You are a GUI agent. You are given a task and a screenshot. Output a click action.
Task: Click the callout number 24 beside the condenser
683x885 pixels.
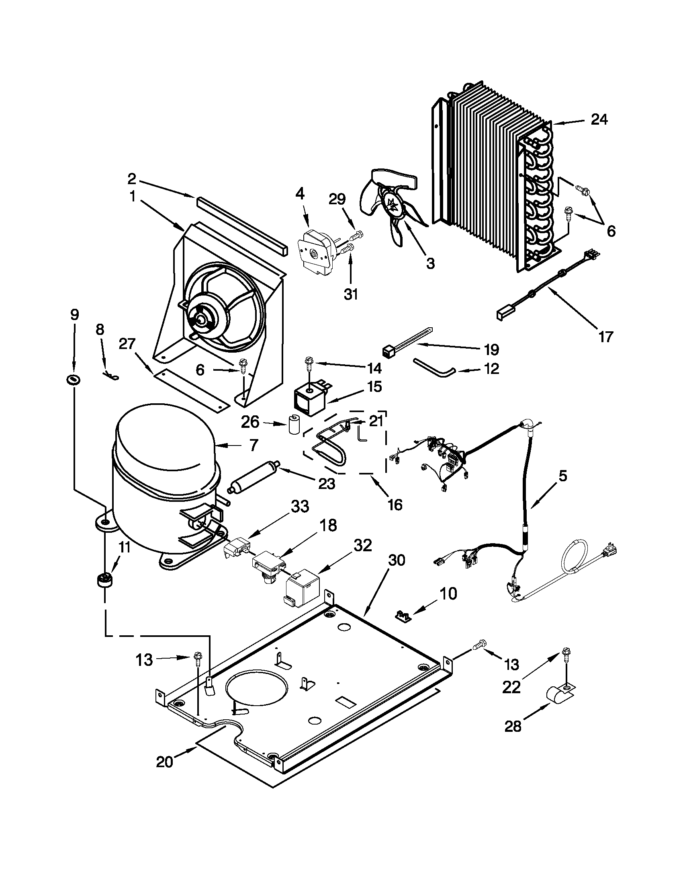[x=599, y=120]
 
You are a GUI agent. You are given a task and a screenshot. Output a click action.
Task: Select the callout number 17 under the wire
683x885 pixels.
[x=605, y=337]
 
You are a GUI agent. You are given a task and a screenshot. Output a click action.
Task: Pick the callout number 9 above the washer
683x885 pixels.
[x=74, y=314]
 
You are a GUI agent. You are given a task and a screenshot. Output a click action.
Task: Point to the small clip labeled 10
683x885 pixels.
[x=403, y=616]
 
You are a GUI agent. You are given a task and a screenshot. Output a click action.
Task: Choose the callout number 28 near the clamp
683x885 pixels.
[x=513, y=727]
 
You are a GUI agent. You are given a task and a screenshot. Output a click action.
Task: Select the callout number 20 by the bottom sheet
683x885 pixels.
[x=164, y=762]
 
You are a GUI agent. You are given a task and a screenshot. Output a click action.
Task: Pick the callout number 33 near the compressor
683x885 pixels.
[x=300, y=507]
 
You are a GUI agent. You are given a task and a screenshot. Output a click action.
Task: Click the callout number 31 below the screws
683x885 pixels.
[x=351, y=294]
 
